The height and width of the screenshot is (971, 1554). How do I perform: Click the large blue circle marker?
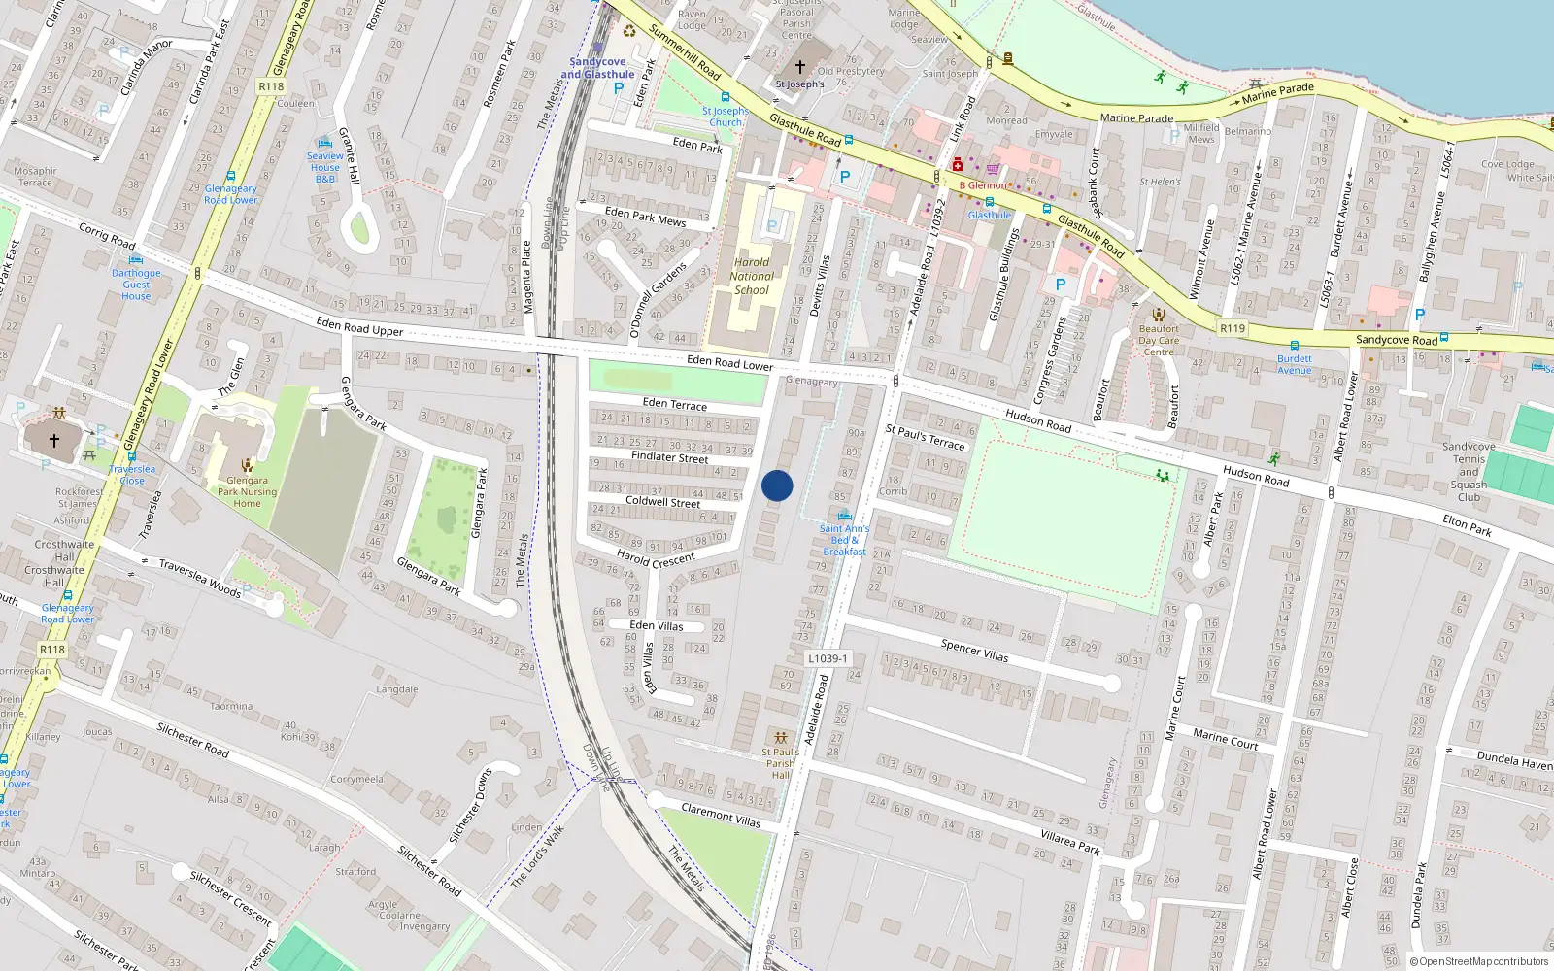pyautogui.click(x=777, y=485)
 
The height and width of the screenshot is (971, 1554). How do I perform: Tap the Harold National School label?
pyautogui.click(x=752, y=276)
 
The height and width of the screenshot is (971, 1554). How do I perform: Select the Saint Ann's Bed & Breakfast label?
pyautogui.click(x=844, y=540)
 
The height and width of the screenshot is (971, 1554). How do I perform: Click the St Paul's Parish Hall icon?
pyautogui.click(x=780, y=738)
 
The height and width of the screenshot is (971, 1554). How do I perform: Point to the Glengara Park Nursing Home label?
pyautogui.click(x=247, y=491)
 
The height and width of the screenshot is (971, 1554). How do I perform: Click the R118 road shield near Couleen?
pyautogui.click(x=271, y=86)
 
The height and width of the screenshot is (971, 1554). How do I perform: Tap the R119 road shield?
pyautogui.click(x=1233, y=328)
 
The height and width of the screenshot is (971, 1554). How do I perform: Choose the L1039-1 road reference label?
pyautogui.click(x=828, y=658)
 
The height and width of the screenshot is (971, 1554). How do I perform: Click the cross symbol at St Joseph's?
pyautogui.click(x=800, y=67)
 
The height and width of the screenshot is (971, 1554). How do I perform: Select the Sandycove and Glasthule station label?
pyautogui.click(x=597, y=68)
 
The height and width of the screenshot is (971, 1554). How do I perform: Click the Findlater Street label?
pyautogui.click(x=669, y=456)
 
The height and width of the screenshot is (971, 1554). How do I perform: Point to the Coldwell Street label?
pyautogui.click(x=662, y=502)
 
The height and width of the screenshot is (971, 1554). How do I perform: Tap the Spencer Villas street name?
pyautogui.click(x=974, y=651)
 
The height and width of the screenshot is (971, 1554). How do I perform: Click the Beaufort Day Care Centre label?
pyautogui.click(x=1159, y=340)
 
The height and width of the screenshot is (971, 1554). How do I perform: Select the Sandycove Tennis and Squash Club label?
pyautogui.click(x=1469, y=472)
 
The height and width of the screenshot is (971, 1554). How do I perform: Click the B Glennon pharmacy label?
pyautogui.click(x=983, y=185)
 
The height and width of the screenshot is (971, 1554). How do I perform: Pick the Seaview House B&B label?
pyautogui.click(x=325, y=167)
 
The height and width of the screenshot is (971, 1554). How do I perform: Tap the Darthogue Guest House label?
pyautogui.click(x=136, y=285)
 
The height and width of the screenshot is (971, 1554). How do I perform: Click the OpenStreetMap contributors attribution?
pyautogui.click(x=1478, y=961)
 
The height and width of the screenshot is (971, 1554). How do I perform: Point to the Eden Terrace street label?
pyautogui.click(x=675, y=404)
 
